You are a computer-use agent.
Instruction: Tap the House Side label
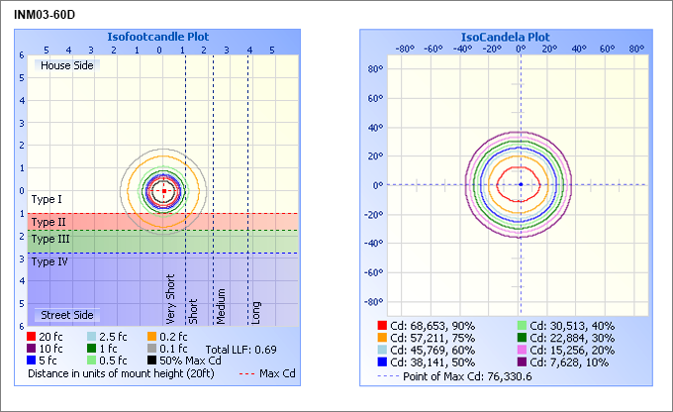[66, 64]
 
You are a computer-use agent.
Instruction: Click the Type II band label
[48, 222]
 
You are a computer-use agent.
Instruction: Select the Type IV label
[49, 261]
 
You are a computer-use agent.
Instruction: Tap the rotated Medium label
[222, 307]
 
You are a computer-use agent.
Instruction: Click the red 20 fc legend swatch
[34, 337]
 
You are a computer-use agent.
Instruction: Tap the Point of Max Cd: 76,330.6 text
[465, 375]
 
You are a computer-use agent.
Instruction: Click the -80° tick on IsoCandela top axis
[404, 48]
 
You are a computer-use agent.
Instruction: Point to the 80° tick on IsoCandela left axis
[374, 69]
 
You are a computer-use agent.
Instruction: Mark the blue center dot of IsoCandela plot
[521, 184]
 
